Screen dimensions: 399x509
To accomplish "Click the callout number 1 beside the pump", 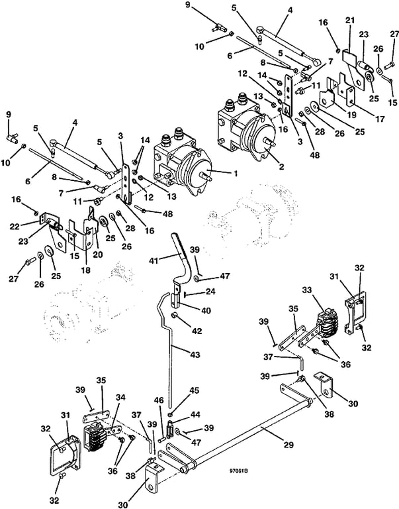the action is click(236, 174).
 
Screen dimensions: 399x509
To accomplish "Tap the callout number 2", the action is click(281, 167).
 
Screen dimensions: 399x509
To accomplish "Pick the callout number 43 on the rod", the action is click(195, 354).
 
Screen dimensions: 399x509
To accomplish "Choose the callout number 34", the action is click(120, 398).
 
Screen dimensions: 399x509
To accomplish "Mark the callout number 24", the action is click(210, 291).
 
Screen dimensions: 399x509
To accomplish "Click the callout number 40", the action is click(206, 311).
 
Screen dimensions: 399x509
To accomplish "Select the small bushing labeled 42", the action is click(175, 315).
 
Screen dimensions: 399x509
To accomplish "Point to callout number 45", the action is click(195, 390).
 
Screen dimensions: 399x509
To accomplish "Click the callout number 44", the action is click(195, 414).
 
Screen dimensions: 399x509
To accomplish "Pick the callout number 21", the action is click(349, 21).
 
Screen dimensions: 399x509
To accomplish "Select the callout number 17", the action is click(380, 119).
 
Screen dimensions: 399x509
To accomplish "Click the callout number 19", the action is click(351, 115).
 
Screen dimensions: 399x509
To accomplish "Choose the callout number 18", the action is click(85, 270).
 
